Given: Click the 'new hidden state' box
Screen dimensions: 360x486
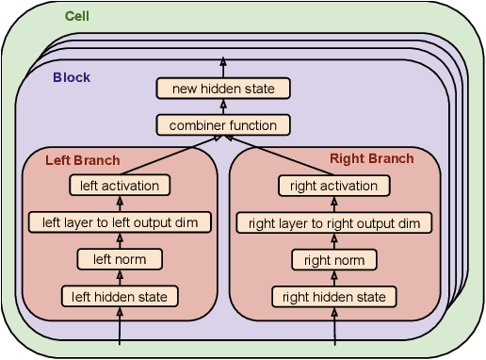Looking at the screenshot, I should (x=223, y=89).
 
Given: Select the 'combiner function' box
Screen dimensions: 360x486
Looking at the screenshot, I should (x=223, y=124).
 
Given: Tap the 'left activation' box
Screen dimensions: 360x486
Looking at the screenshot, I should (x=120, y=186).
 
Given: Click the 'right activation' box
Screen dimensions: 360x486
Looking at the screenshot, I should (x=333, y=186).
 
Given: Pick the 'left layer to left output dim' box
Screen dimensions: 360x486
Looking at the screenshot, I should (x=120, y=222).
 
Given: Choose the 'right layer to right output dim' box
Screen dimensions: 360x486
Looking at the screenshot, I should (x=333, y=223).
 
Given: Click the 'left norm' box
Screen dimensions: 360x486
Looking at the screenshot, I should (x=120, y=259).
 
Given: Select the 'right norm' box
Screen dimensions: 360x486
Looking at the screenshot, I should (x=333, y=260).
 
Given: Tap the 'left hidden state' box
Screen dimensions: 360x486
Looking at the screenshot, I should (x=120, y=297).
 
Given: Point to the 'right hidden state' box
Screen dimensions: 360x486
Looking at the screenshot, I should (x=333, y=298).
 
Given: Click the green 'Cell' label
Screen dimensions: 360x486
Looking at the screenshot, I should (x=77, y=17).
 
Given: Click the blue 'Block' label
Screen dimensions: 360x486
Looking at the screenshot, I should (x=72, y=77).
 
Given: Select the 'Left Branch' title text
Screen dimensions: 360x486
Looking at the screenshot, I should (x=83, y=160).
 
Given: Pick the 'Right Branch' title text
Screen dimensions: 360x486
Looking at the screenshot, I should (x=371, y=158).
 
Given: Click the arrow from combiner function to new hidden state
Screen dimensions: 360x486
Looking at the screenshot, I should (x=223, y=106).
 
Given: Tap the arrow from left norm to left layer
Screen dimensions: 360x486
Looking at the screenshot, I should (x=120, y=240).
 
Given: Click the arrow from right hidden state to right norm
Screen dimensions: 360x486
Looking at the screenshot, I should (x=333, y=279).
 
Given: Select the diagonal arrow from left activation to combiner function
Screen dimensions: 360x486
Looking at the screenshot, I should (x=170, y=155).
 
